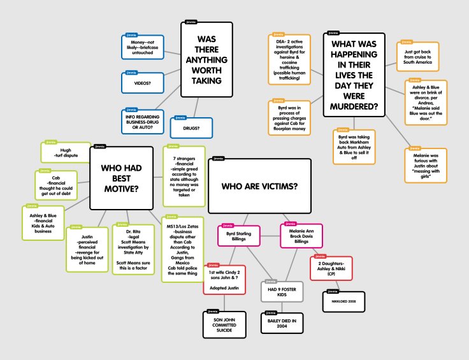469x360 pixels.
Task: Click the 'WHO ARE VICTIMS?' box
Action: click(260, 185)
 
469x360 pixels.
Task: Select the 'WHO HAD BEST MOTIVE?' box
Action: click(122, 178)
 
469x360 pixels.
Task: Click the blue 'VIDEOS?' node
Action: click(142, 83)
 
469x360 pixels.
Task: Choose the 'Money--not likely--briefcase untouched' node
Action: click(142, 47)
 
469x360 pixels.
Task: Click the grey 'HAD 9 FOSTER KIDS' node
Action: click(282, 291)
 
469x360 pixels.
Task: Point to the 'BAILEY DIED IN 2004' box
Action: click(282, 321)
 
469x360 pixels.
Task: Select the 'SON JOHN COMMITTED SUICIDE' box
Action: click(226, 324)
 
